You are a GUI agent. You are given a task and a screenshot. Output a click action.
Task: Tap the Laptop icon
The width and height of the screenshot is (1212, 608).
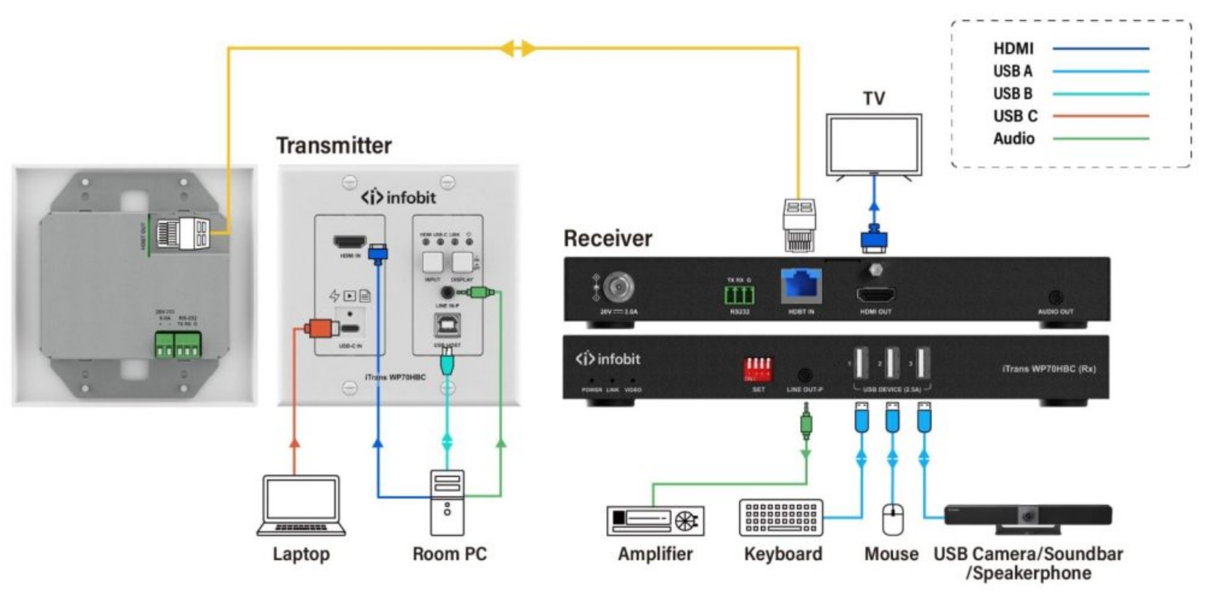point(301,505)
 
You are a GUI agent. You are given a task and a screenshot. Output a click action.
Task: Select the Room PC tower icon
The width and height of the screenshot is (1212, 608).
point(447,503)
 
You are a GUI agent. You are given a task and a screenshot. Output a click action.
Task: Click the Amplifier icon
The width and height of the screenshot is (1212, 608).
point(655,521)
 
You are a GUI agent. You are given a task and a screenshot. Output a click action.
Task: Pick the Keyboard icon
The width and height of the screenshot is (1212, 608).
point(781,518)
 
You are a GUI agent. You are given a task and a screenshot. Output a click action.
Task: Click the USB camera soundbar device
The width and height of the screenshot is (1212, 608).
point(1028,518)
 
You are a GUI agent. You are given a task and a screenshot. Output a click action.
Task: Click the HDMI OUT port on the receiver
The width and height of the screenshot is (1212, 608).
point(875,295)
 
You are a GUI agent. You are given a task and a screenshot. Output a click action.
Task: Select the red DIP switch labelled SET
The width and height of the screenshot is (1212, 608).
point(758,370)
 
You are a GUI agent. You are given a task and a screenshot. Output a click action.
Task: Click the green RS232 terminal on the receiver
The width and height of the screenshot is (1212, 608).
point(739,295)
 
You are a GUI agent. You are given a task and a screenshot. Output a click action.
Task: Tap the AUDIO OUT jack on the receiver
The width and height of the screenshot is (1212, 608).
point(1055,297)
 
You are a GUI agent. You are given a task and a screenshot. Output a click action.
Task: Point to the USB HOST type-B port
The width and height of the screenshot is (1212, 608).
point(448,326)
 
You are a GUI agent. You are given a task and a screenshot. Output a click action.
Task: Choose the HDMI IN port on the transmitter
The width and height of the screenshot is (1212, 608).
point(350,242)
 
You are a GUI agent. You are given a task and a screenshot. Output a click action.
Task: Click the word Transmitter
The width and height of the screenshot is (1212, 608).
point(334,145)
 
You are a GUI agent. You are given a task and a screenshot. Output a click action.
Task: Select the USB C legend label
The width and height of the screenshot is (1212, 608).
point(1015,116)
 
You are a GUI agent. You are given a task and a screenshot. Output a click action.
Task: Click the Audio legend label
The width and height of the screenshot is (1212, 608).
point(1014,139)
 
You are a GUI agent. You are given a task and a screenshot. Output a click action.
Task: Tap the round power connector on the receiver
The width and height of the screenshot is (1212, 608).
point(619,287)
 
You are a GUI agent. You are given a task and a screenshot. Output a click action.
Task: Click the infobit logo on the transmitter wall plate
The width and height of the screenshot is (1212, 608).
point(398,197)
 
